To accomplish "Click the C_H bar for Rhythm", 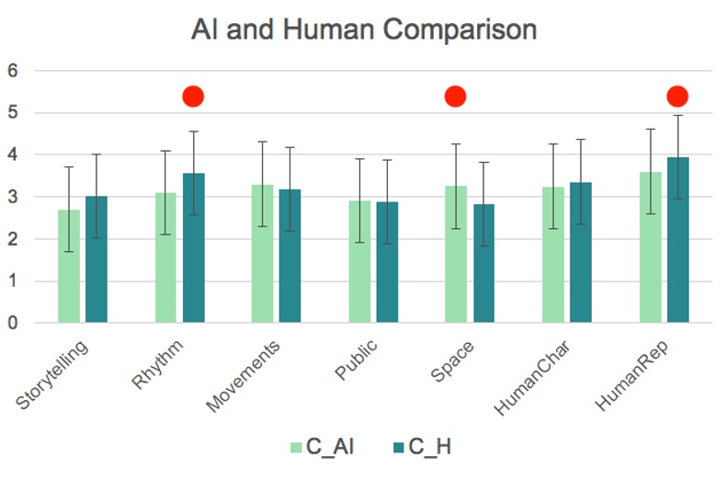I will click(193, 248).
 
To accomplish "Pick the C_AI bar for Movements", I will click(262, 254).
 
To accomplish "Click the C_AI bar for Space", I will click(456, 255).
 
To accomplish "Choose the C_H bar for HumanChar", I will click(580, 253).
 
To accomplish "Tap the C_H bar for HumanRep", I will click(677, 240).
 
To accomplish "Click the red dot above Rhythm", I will click(193, 96).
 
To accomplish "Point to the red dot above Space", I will click(456, 96).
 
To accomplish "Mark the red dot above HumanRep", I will click(677, 96).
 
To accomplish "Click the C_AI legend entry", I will click(322, 448).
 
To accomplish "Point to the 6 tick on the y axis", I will click(13, 71).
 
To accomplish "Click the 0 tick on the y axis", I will click(13, 323).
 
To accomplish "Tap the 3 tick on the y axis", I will click(13, 197).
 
